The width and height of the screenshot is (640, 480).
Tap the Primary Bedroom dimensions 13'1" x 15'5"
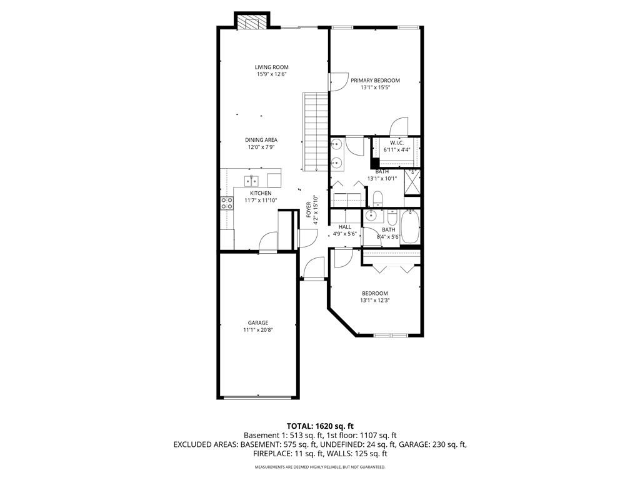coord(375,87)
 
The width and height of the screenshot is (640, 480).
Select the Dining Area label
coord(261,140)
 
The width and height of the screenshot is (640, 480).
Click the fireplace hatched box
coord(252,22)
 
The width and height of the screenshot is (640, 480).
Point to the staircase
coord(315,132)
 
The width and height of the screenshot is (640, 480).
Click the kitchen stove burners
coord(227,203)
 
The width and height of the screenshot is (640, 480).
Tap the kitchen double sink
coord(251,180)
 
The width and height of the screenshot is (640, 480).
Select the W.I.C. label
coord(396,143)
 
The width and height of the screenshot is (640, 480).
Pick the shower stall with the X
coord(412,182)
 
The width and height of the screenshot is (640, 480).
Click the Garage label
coord(258,323)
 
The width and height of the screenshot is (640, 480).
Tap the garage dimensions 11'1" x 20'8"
coord(258,330)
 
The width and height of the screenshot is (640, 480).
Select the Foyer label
coord(309,210)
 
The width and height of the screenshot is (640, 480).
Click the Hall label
coord(345,227)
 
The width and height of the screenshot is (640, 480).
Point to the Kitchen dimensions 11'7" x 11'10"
coord(261,201)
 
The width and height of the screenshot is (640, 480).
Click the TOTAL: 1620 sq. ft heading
coord(320,427)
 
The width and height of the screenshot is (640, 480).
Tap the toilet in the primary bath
coord(377,198)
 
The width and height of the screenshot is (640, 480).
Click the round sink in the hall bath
coord(371,216)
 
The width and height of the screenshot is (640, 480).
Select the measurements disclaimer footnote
coord(320,466)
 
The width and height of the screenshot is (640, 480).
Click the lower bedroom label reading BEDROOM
coord(375,294)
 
